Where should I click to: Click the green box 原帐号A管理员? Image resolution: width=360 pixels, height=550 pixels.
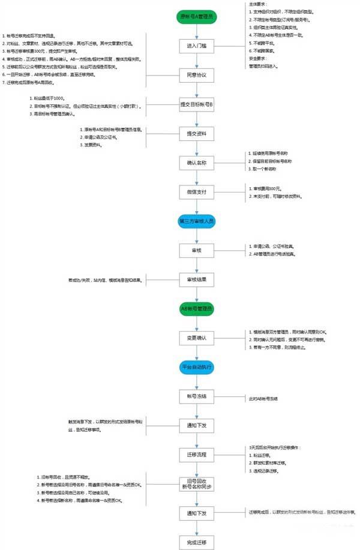click(x=197, y=17)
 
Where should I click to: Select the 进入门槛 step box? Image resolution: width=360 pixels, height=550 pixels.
click(x=197, y=46)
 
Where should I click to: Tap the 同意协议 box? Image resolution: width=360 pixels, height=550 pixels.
click(x=197, y=75)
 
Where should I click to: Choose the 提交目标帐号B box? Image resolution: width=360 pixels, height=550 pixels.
click(x=197, y=104)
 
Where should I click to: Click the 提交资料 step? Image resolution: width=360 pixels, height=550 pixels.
click(x=197, y=133)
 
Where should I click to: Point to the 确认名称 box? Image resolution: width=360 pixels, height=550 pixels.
click(x=197, y=163)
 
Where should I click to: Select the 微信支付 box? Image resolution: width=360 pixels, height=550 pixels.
click(x=197, y=191)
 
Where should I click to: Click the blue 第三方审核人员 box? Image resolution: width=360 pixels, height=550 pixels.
click(x=197, y=221)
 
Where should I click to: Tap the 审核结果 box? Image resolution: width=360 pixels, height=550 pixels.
click(x=197, y=279)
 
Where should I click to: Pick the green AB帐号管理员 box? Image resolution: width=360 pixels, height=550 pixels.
click(x=197, y=308)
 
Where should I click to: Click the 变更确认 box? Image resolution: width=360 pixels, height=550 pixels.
click(x=197, y=338)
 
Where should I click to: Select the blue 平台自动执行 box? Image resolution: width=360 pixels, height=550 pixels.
click(x=197, y=366)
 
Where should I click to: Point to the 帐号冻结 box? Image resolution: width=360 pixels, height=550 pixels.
click(x=197, y=396)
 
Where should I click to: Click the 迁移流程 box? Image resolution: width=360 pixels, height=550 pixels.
click(x=197, y=454)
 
